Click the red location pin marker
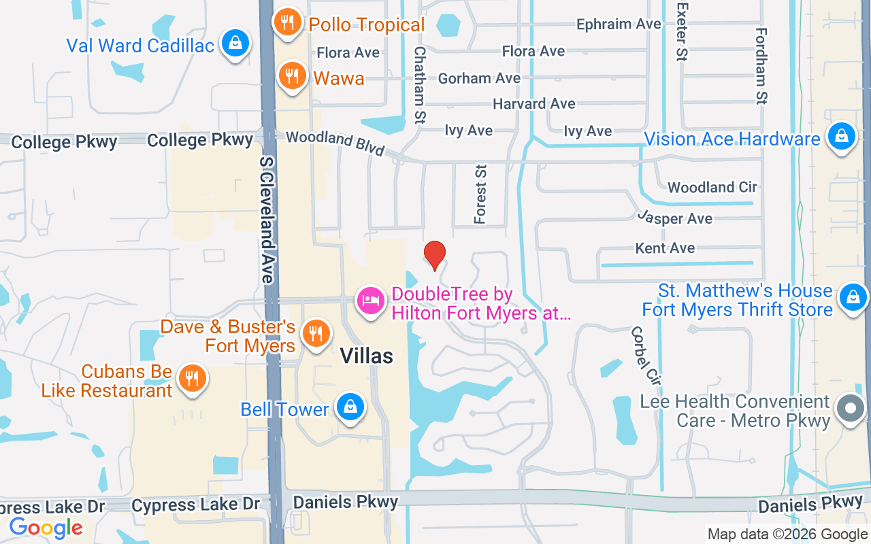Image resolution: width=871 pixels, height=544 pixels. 434,256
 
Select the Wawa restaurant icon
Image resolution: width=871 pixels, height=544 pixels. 292,76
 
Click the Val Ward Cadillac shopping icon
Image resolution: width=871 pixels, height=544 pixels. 235,44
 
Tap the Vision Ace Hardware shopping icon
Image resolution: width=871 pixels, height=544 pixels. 842,136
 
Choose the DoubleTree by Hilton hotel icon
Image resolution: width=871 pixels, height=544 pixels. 371,301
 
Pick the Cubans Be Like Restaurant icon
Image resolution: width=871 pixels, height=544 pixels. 193,378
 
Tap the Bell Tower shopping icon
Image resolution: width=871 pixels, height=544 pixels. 350,407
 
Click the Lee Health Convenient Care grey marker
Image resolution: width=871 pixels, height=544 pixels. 850,409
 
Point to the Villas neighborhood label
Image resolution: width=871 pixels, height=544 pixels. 366,355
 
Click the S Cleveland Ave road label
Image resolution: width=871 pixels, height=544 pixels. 267,220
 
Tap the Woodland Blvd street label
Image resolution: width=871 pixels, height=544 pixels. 335,142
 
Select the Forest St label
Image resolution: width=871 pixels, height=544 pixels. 481,194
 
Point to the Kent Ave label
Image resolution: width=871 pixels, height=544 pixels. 665,248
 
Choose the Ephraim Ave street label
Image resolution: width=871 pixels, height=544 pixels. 619,24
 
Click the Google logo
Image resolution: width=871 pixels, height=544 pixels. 46,528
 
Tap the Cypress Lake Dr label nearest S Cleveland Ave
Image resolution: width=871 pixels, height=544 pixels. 196,505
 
